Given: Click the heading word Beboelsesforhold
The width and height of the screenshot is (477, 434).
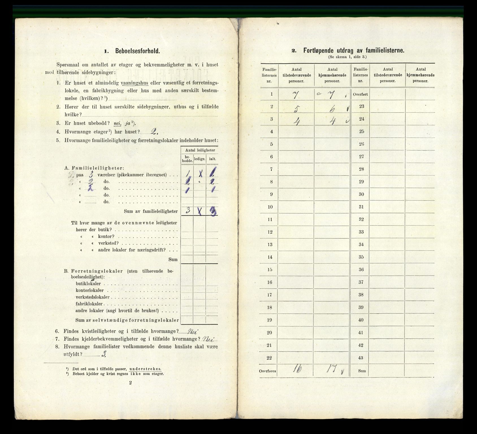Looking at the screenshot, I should pyautogui.click(x=137, y=51).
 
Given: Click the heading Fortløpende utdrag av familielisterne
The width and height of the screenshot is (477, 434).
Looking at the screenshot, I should pyautogui.click(x=354, y=51).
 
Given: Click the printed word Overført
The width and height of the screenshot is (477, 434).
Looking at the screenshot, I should pyautogui.click(x=360, y=94).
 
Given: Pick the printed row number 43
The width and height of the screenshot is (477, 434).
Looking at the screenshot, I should pyautogui.click(x=361, y=358).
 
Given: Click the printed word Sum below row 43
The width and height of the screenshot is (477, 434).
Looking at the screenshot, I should pyautogui.click(x=362, y=370).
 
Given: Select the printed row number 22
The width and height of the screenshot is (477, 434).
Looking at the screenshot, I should pyautogui.click(x=269, y=358).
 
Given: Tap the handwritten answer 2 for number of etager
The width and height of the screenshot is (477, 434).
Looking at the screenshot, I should pyautogui.click(x=154, y=132).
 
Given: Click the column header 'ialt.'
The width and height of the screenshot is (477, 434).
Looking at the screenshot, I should pyautogui.click(x=212, y=159).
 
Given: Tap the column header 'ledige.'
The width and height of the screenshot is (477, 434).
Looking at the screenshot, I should pyautogui.click(x=200, y=159).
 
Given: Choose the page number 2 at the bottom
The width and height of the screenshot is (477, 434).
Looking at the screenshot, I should pyautogui.click(x=130, y=383).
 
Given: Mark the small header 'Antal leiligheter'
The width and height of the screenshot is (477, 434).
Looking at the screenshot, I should pyautogui.click(x=200, y=150).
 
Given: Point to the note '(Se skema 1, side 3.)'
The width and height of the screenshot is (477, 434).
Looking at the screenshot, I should pyautogui.click(x=347, y=57).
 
